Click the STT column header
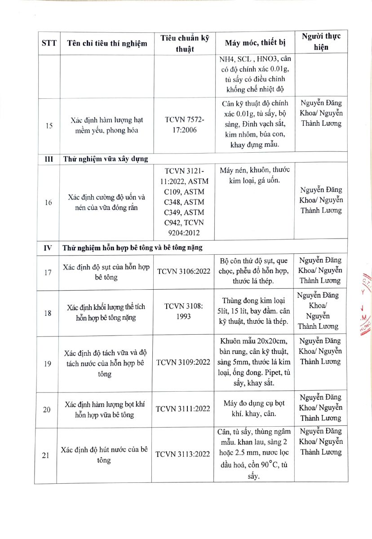[49, 43]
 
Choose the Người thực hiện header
[321, 42]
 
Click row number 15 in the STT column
[49, 125]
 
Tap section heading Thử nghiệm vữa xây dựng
[106, 159]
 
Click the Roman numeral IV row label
[48, 247]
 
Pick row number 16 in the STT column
[49, 203]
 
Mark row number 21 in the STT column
[46, 455]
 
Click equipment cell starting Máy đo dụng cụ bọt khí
[254, 408]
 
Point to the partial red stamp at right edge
[366, 310]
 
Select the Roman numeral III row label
[47, 159]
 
